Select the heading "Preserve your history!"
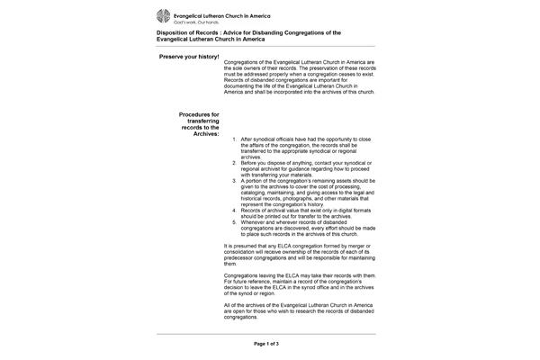(x=188, y=57)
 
